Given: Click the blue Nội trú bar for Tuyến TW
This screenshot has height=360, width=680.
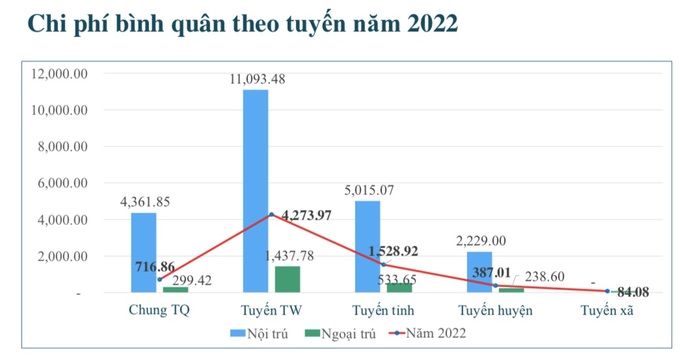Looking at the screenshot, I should tap(255, 190).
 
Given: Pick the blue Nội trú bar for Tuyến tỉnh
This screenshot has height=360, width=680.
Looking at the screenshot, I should tap(367, 246).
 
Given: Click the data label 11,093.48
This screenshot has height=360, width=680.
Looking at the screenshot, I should tap(256, 79).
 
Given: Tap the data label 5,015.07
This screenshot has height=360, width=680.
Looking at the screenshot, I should tap(367, 190).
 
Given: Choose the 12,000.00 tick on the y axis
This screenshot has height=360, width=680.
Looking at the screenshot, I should tap(61, 74).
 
